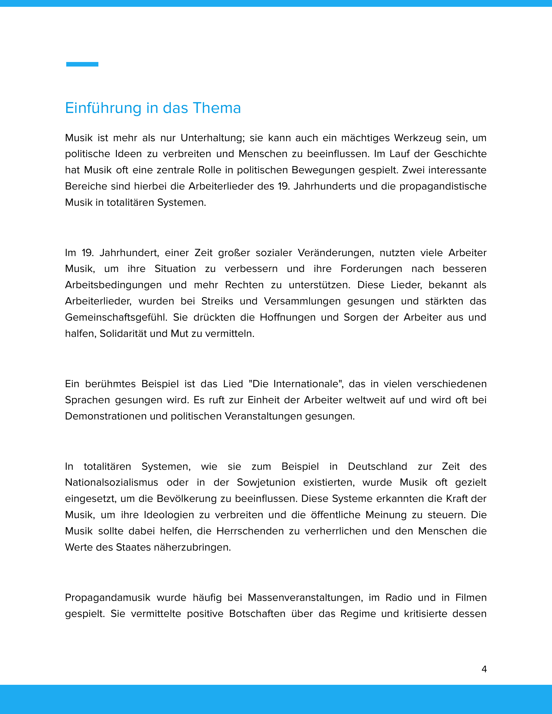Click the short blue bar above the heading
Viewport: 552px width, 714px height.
(82, 64)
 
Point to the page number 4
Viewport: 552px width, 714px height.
(484, 669)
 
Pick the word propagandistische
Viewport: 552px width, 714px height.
(443, 186)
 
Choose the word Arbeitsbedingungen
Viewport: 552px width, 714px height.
(113, 285)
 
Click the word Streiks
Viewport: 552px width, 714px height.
(217, 301)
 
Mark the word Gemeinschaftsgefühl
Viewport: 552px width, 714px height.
(116, 317)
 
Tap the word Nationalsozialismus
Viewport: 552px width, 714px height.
(111, 483)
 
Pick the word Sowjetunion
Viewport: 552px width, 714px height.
(266, 483)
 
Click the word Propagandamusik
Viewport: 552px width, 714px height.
(107, 597)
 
